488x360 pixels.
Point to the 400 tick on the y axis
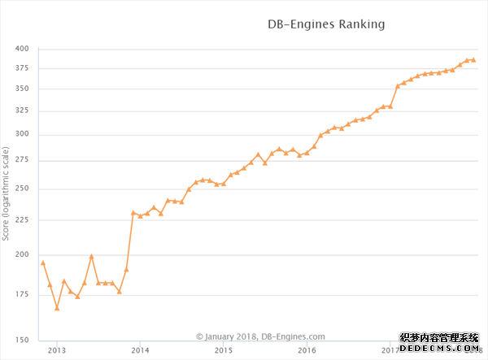tap(21, 49)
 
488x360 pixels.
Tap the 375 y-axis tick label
tap(21, 68)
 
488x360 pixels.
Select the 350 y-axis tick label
tap(21, 89)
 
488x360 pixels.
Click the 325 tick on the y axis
tap(21, 111)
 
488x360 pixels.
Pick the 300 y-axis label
tap(21, 135)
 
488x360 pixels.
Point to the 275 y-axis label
tap(21, 161)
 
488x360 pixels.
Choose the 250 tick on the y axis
tap(21, 189)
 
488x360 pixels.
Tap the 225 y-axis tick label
tap(21, 220)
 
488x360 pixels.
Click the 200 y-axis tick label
tap(21, 255)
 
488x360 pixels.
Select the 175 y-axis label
tap(21, 295)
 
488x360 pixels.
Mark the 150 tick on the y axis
tap(21, 340)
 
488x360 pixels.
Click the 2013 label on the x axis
tap(56, 350)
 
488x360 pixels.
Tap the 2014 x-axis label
tap(140, 350)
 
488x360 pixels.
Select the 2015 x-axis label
tap(224, 350)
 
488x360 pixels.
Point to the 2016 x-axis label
tap(307, 350)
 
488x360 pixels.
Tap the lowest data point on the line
tap(57, 308)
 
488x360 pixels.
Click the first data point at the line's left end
tap(43, 262)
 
